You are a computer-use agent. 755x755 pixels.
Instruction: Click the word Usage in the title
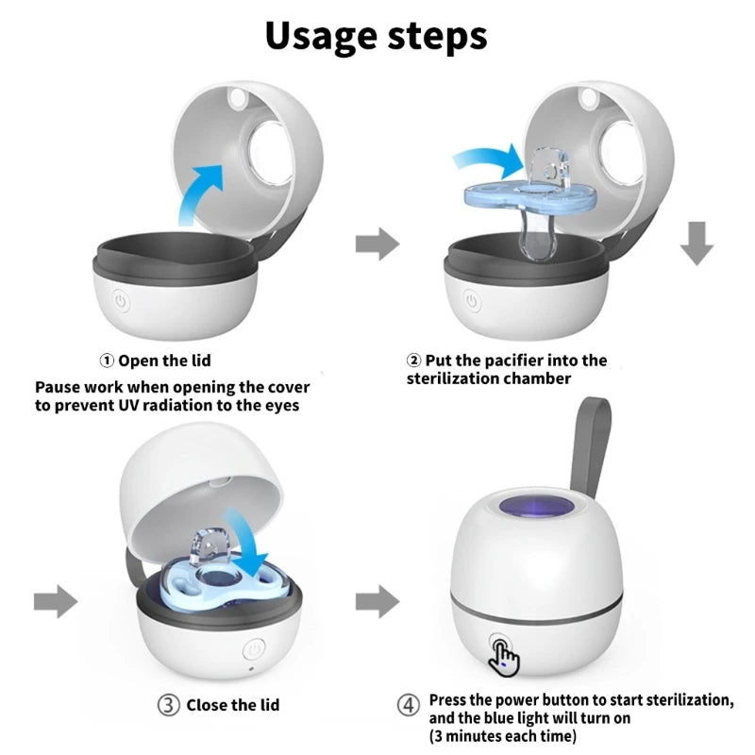pos(322,35)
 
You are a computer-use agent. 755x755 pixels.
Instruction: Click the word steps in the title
pos(435,37)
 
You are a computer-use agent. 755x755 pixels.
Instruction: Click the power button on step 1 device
pos(121,302)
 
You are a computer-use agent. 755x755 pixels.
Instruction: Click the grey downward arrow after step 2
pos(697,244)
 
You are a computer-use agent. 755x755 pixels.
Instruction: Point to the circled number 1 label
pos(108,361)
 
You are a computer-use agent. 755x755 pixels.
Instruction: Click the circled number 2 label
pos(413,361)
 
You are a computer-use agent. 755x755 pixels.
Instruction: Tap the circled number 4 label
pos(407,705)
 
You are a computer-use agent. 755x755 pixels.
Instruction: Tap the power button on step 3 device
pos(253,650)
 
